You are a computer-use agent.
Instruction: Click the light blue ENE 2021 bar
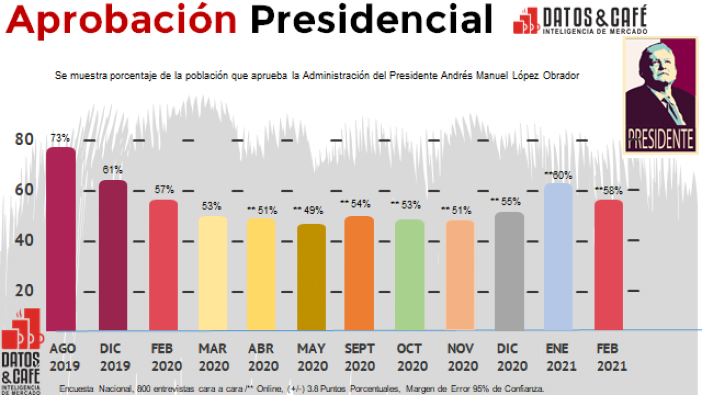coord(558,257)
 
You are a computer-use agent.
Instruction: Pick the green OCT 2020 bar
coord(409,275)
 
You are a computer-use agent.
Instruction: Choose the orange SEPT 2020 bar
coord(359,273)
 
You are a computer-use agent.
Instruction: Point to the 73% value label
coord(60,139)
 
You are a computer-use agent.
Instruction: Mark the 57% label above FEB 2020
coord(164,190)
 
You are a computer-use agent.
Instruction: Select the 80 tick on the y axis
coord(24,139)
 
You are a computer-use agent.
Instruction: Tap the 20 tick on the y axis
coord(24,291)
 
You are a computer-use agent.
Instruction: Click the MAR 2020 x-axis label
coord(212,357)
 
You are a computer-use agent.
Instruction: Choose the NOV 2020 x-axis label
coord(462,357)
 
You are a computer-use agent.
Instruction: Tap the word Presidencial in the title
coord(372,19)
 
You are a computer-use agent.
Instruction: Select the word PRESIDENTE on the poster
coord(660,139)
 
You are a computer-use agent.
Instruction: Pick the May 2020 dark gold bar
coord(312,277)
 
